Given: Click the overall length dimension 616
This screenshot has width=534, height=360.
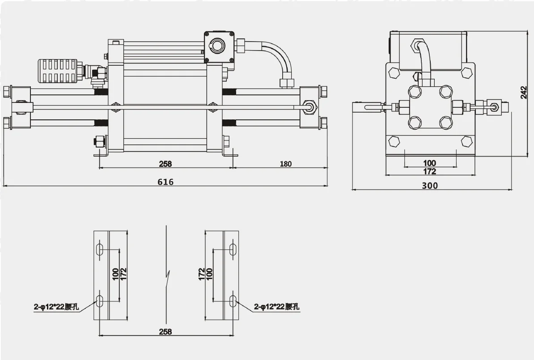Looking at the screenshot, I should click(x=165, y=182).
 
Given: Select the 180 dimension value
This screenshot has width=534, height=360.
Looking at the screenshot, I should click(x=285, y=164).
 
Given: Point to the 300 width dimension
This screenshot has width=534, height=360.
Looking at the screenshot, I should click(x=430, y=186).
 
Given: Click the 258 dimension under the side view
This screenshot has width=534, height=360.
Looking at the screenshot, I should click(x=165, y=164).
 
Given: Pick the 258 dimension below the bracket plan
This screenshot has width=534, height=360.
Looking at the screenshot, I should click(x=165, y=332).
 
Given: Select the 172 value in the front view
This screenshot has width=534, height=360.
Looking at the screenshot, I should click(x=429, y=171).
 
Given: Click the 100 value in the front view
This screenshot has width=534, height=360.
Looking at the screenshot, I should click(x=429, y=163).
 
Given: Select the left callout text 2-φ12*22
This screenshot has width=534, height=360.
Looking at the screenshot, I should click(x=56, y=307).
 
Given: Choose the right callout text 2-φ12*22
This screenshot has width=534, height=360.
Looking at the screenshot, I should click(x=276, y=307).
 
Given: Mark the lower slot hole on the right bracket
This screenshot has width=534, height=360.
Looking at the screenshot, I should click(x=233, y=301).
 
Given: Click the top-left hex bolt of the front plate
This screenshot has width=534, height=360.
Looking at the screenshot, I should click(x=394, y=72).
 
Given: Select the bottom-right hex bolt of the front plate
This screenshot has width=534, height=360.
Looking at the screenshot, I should click(x=466, y=142).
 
